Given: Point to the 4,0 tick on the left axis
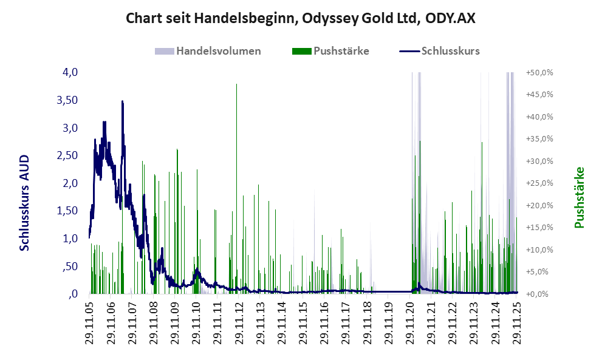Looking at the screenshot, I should pyautogui.click(x=70, y=72).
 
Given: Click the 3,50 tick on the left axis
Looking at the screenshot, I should pyautogui.click(x=67, y=100).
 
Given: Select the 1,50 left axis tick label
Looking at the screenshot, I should pyautogui.click(x=67, y=211).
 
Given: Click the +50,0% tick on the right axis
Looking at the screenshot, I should pyautogui.click(x=539, y=72).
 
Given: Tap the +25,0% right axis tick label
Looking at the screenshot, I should pyautogui.click(x=539, y=183).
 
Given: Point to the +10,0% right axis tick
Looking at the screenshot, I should pyautogui.click(x=539, y=250).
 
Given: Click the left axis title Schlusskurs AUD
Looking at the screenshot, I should pyautogui.click(x=24, y=203).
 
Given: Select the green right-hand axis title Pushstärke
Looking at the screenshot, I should pyautogui.click(x=579, y=198).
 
